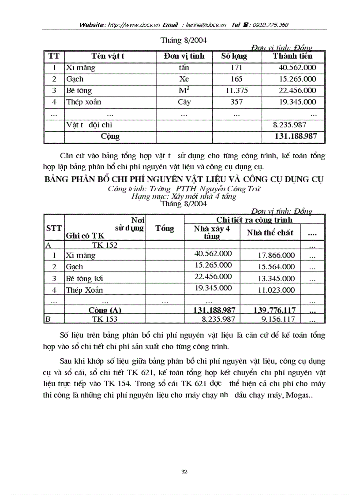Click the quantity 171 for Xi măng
[236, 68]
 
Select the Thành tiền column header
[292, 56]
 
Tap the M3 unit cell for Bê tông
[184, 90]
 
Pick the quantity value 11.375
[236, 90]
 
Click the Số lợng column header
[234, 56]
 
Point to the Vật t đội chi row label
[89, 125]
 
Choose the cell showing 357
[236, 102]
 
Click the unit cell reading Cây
[184, 102]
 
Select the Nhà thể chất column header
[270, 233]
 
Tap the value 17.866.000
[277, 255]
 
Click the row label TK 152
[105, 245]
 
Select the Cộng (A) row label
[105, 310]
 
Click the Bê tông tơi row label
[85, 279]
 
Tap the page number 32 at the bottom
[184, 472]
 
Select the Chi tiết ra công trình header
[254, 220]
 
